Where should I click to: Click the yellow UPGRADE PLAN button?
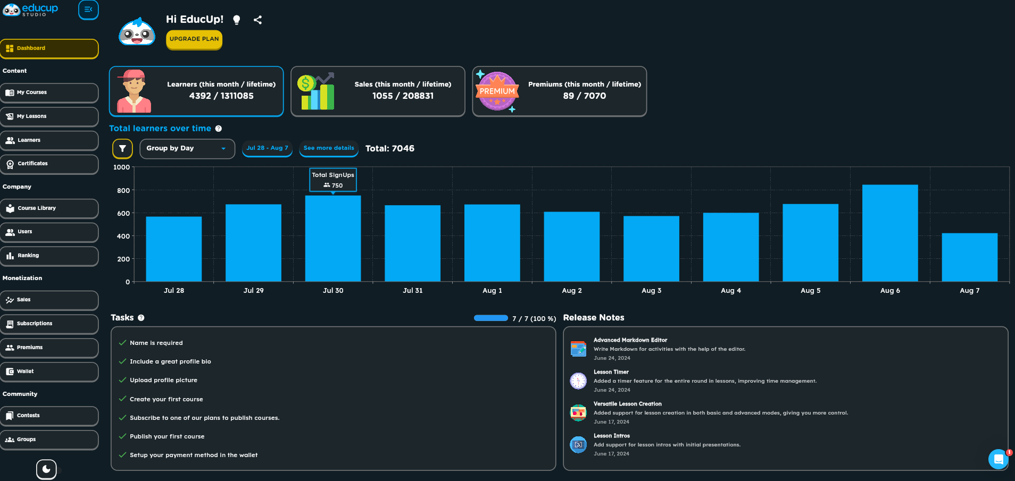(194, 39)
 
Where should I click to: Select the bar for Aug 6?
(890, 233)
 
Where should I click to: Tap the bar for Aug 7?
(969, 257)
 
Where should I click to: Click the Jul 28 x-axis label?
(174, 291)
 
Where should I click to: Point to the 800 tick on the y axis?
(123, 190)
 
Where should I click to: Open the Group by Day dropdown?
(187, 149)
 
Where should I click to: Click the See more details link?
(329, 148)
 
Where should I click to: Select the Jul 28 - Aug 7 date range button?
(267, 148)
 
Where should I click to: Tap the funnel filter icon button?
(122, 149)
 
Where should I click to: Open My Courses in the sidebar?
(49, 92)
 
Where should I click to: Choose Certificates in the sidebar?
(49, 164)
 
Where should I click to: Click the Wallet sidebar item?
(49, 372)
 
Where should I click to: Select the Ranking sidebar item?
(49, 256)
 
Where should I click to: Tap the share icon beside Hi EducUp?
(257, 20)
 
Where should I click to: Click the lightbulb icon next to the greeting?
(237, 20)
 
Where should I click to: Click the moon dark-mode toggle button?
(46, 469)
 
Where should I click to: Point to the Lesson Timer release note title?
(611, 372)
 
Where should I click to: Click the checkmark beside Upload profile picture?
(123, 380)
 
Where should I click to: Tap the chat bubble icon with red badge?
(999, 459)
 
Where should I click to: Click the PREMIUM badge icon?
(497, 91)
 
